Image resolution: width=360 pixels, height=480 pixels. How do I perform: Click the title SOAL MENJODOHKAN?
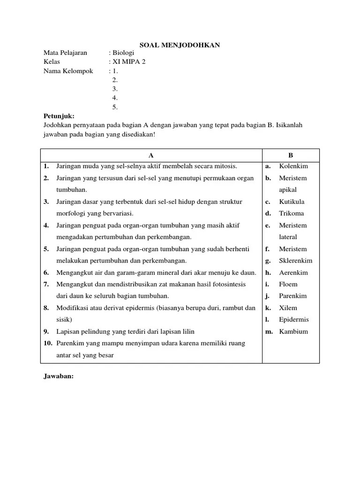180,45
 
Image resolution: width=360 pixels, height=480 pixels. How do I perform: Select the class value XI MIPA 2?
129,62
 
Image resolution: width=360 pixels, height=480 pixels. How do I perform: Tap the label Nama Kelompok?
68,71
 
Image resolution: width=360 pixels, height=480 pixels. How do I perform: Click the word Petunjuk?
59,116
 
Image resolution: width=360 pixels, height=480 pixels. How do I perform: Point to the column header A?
151,155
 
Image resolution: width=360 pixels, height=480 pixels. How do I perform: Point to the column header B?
291,155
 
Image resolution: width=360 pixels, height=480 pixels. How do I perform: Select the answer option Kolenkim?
293,166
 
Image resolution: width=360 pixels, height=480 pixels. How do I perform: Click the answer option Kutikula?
292,202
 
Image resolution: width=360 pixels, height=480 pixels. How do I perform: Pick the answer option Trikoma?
292,213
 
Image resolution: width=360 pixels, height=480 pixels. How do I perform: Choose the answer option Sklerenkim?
296,261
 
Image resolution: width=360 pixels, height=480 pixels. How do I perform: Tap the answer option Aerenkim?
293,272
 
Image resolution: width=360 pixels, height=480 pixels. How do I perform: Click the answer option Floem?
288,284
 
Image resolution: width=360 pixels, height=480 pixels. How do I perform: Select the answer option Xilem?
288,308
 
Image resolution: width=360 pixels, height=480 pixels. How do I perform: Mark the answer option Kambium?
293,331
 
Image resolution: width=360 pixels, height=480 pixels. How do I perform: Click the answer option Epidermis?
294,320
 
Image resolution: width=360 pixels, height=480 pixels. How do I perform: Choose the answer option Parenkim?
293,296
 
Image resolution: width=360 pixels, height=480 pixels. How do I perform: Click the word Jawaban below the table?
59,376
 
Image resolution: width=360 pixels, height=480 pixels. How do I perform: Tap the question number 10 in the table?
47,343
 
